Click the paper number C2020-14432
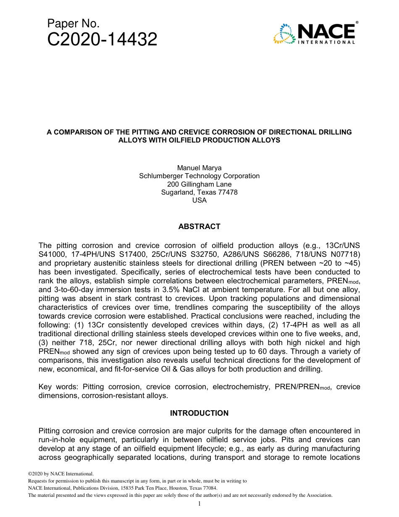pyautogui.click(x=102, y=40)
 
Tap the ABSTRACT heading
pyautogui.click(x=199, y=227)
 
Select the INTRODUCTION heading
pyautogui.click(x=199, y=413)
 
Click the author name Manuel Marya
pyautogui.click(x=199, y=168)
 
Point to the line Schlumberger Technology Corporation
pyautogui.click(x=199, y=176)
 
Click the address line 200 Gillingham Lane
pyautogui.click(x=199, y=184)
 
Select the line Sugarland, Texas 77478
pyautogui.click(x=199, y=192)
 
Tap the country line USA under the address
pyautogui.click(x=199, y=200)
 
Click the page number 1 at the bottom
pyautogui.click(x=199, y=504)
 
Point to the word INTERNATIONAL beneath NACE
pyautogui.click(x=326, y=42)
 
